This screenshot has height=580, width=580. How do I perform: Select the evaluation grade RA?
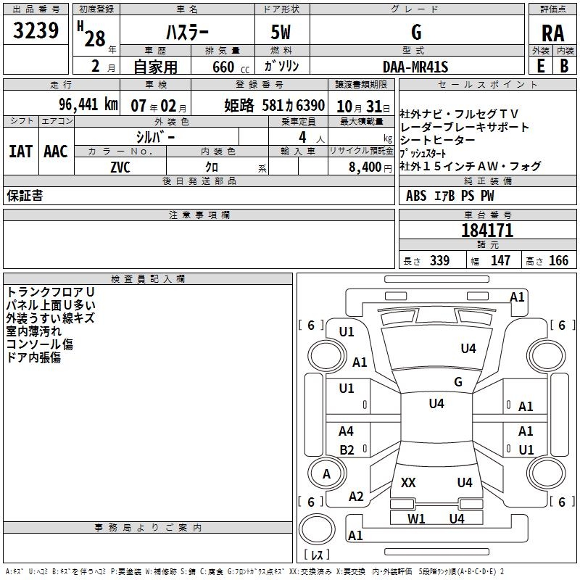coord(552,33)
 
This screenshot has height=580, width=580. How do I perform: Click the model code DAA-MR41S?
coord(415,67)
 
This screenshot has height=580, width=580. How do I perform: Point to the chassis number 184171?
coord(487,231)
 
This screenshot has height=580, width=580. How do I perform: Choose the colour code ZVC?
coord(120,166)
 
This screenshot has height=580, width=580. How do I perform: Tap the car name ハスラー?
coord(186,33)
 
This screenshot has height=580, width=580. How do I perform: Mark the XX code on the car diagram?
coord(408,482)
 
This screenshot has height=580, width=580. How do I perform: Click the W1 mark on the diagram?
coord(416,518)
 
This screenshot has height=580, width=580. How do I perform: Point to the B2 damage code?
coord(347,449)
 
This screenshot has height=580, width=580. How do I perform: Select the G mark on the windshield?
coord(458,382)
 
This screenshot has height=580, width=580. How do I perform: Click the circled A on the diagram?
coord(326,474)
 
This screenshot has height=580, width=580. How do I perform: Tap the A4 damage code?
coord(347,431)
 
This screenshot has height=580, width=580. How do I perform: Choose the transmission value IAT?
coord(20,151)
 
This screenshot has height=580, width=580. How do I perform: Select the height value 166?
coord(558,261)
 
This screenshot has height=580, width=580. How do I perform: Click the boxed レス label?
coord(315,556)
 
